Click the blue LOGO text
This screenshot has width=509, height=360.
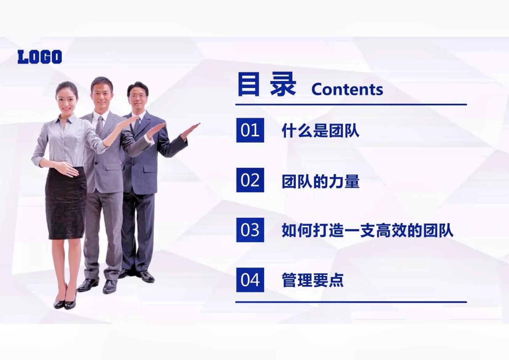(40, 57)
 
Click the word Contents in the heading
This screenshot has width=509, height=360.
(347, 90)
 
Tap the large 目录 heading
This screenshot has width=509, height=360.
(267, 84)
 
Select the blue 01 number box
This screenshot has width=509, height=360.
(250, 130)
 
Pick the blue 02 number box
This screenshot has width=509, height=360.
(250, 180)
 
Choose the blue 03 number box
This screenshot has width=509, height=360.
(250, 230)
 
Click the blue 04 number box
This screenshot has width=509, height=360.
(250, 280)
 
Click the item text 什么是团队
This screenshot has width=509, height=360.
(320, 131)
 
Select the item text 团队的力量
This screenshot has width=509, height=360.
(320, 181)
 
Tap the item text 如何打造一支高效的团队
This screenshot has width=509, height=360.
(367, 231)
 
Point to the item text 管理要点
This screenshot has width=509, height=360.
(313, 280)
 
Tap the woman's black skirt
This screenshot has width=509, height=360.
(66, 203)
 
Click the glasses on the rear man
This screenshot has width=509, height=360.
(138, 96)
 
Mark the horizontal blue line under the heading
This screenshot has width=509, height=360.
(351, 105)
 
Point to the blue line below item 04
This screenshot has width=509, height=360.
(351, 302)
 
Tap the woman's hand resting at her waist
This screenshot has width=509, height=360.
(66, 169)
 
